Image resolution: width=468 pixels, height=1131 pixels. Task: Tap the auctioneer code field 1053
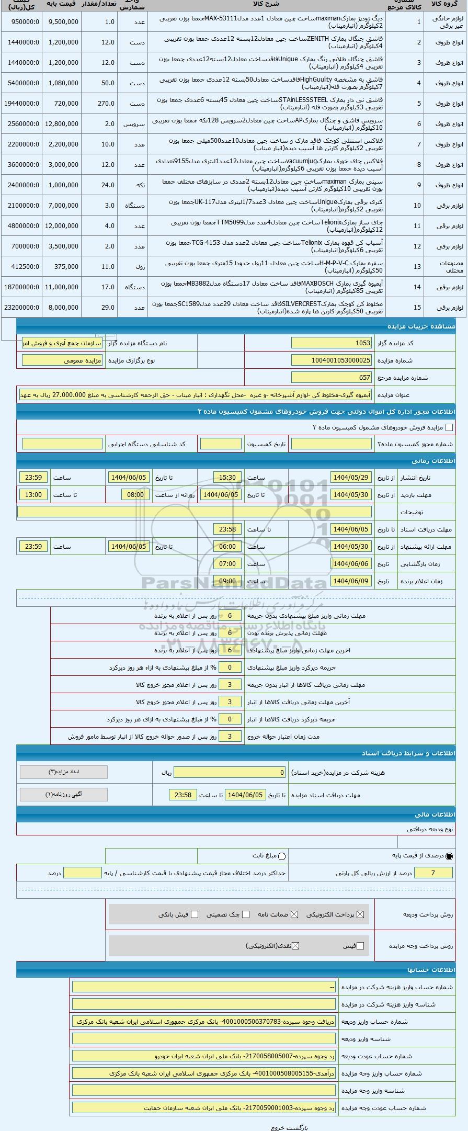332,343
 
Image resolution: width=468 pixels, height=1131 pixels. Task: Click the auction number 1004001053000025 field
332,360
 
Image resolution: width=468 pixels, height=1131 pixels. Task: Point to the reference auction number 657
332,377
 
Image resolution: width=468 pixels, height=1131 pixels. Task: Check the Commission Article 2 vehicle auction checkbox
449,427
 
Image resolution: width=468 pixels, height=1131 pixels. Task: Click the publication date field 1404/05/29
350,478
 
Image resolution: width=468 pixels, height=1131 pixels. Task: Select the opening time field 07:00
227,564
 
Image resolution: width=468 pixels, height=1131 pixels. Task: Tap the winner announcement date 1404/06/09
350,581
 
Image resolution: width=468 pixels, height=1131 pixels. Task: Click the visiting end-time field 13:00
33,494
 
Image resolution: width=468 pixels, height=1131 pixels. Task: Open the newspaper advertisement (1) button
64,794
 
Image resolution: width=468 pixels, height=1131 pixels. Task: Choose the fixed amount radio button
282,856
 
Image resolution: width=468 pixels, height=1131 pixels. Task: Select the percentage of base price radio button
449,856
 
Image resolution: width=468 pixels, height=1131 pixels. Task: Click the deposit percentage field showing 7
432,873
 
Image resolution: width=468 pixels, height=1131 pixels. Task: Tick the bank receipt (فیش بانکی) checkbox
195,914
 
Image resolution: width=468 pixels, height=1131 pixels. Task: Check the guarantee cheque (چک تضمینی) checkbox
246,914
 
